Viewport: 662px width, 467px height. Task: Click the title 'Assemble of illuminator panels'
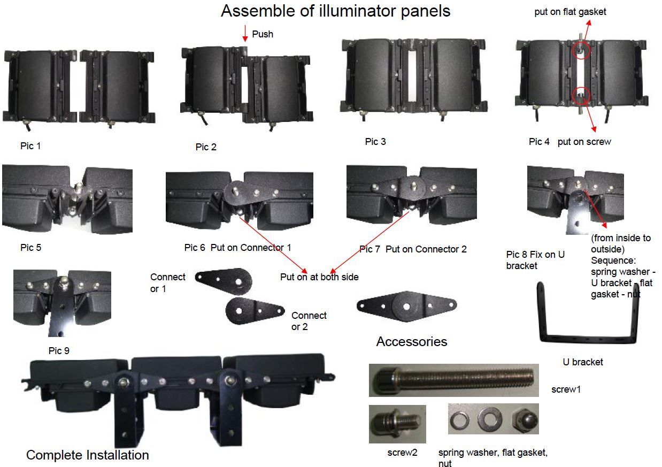pos(335,11)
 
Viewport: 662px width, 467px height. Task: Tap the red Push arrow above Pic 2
pos(245,34)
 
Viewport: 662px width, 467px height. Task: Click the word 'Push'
pos(263,34)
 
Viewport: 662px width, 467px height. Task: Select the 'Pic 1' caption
pos(30,146)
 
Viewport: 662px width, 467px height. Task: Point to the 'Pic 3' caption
pos(375,142)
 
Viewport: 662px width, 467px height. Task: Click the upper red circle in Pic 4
pos(582,51)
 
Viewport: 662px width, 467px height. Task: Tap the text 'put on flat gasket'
pos(570,11)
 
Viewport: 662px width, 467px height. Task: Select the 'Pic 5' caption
pos(30,248)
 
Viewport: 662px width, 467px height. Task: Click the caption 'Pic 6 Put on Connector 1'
pos(237,248)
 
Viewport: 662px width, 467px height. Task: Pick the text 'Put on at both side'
pos(319,277)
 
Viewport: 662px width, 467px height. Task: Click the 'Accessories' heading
pos(412,342)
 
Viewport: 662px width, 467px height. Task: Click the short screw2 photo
pos(397,424)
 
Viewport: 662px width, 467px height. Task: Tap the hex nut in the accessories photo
pos(524,419)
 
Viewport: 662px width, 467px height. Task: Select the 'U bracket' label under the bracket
pos(582,362)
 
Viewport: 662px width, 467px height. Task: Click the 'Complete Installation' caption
pos(87,455)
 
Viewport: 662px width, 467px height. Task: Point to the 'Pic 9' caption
pos(58,351)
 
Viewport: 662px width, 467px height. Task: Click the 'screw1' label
pos(566,389)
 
